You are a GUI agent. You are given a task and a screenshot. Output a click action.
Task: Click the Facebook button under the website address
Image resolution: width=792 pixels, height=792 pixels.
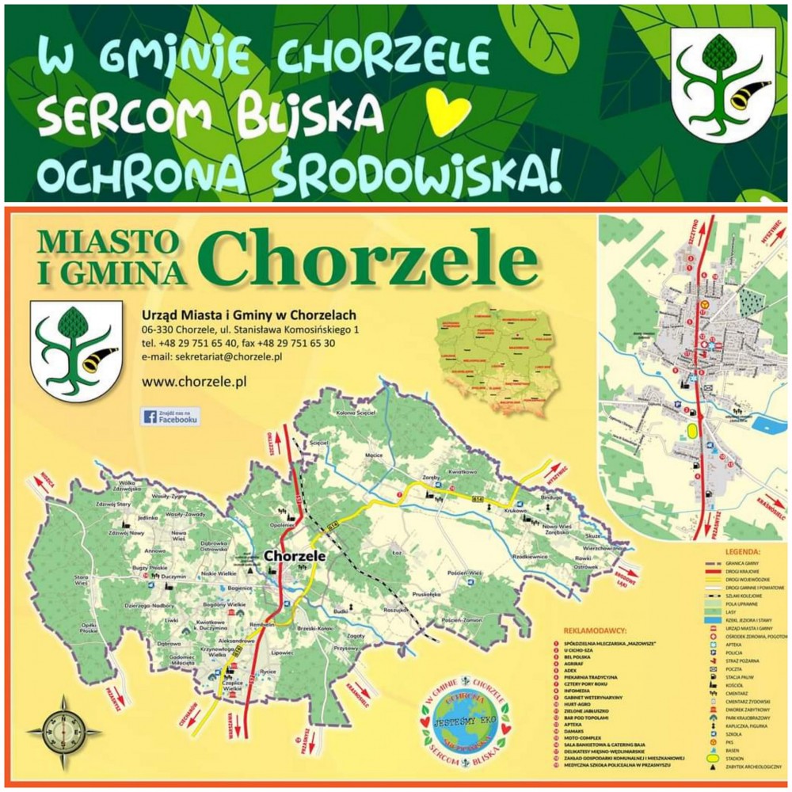[x=171, y=417]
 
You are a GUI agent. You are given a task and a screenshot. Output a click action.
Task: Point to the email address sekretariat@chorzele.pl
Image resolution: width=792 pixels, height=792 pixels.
[x=213, y=357]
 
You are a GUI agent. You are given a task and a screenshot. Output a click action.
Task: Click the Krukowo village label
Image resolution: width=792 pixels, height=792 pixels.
[x=514, y=512]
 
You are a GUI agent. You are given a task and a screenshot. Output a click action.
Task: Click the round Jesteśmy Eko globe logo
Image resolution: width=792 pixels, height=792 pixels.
[x=462, y=722]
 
